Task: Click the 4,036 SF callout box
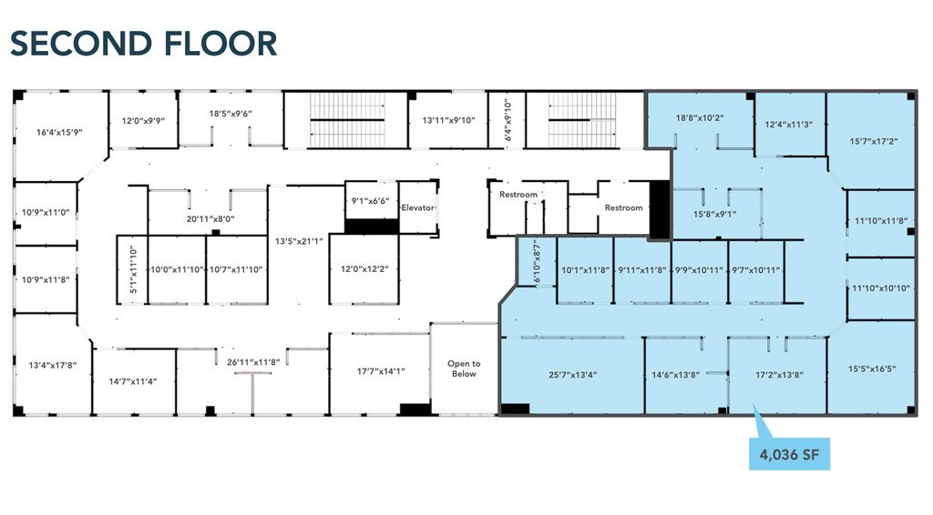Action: tap(789, 454)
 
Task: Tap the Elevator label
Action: tap(417, 207)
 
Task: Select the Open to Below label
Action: tap(464, 369)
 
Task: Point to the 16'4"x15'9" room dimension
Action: tap(59, 133)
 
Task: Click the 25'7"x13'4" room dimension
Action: tap(572, 375)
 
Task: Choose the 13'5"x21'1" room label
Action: tap(299, 241)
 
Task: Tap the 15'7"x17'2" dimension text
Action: tap(874, 141)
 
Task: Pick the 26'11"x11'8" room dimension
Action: tap(253, 362)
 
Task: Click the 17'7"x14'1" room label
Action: tap(381, 371)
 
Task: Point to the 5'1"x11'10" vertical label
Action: tap(133, 270)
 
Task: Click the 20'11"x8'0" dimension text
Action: tap(210, 219)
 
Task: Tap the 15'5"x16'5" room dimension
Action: tap(872, 369)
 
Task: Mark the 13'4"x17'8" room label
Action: tap(53, 365)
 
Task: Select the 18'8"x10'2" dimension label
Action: tap(700, 118)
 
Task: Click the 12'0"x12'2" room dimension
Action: tap(364, 269)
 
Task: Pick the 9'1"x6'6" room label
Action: tap(370, 201)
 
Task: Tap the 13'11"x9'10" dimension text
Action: tap(448, 121)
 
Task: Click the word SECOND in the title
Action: tap(81, 44)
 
